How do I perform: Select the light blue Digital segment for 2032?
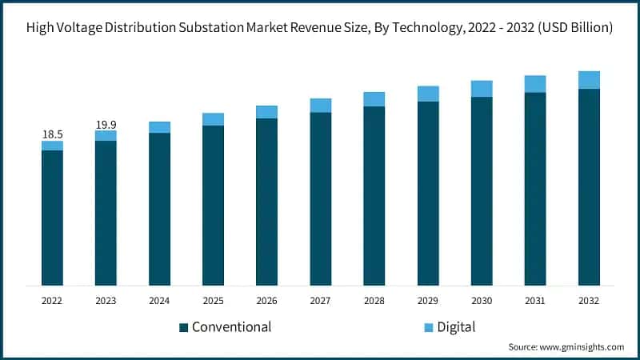589,79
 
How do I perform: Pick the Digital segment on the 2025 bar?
213,119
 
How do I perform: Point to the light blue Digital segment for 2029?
428,94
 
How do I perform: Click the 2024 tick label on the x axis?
159,301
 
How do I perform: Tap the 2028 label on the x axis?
374,301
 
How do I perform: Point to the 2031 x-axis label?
535,301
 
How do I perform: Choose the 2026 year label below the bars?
266,301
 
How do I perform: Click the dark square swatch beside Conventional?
183,327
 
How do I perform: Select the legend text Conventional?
231,326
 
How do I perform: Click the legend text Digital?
456,326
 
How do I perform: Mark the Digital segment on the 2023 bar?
106,135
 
